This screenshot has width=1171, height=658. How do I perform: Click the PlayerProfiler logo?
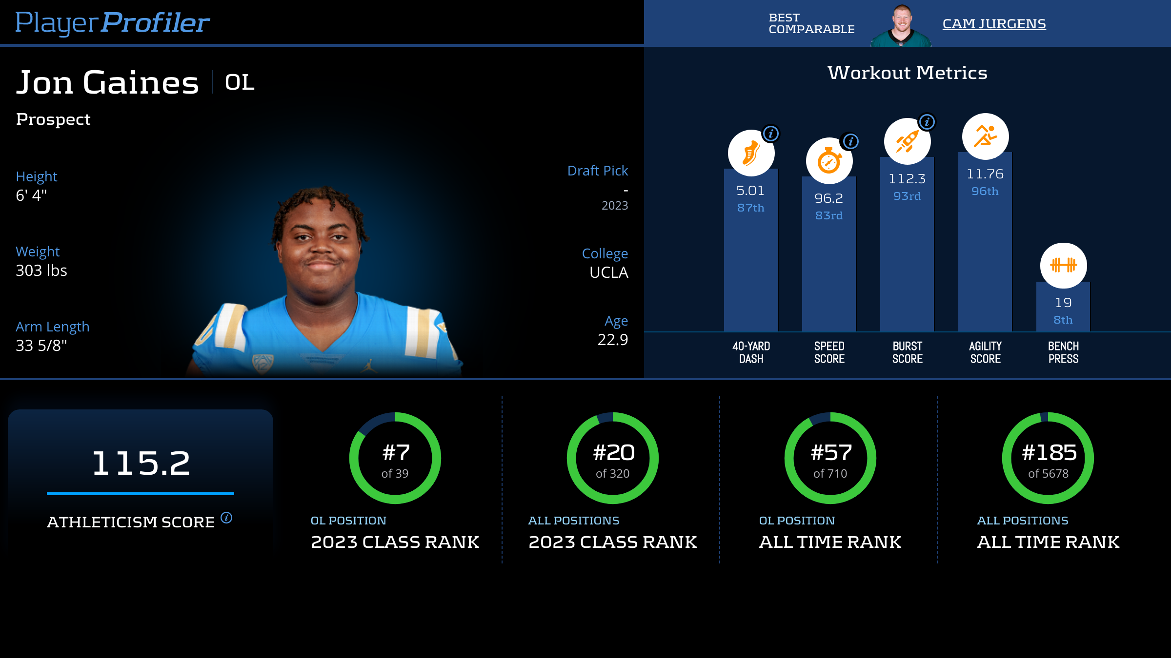click(112, 22)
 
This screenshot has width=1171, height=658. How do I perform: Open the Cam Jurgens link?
click(994, 24)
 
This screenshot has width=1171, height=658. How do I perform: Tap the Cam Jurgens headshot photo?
click(901, 25)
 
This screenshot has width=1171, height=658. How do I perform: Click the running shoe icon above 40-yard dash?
click(751, 153)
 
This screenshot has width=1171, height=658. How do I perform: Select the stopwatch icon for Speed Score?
click(829, 161)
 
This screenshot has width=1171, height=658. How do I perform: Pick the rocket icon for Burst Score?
click(907, 141)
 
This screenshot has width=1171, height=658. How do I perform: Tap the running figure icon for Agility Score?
click(985, 136)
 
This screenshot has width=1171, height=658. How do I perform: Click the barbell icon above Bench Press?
click(1063, 266)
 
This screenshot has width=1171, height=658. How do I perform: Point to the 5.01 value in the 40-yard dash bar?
click(750, 191)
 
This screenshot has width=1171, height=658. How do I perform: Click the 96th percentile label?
click(985, 192)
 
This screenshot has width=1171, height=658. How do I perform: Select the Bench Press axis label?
click(1063, 352)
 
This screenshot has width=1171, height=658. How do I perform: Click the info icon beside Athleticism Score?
click(226, 518)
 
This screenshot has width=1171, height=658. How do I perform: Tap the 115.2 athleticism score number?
click(141, 463)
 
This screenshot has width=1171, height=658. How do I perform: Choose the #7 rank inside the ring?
click(396, 453)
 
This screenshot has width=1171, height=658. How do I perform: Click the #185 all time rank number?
click(1049, 453)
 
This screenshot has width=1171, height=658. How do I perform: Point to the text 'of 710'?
click(830, 474)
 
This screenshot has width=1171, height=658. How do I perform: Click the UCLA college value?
click(608, 272)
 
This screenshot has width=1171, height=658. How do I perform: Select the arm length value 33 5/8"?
click(41, 346)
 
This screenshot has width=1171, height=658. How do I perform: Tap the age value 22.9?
click(612, 340)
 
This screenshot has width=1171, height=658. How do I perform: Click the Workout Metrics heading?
click(907, 73)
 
